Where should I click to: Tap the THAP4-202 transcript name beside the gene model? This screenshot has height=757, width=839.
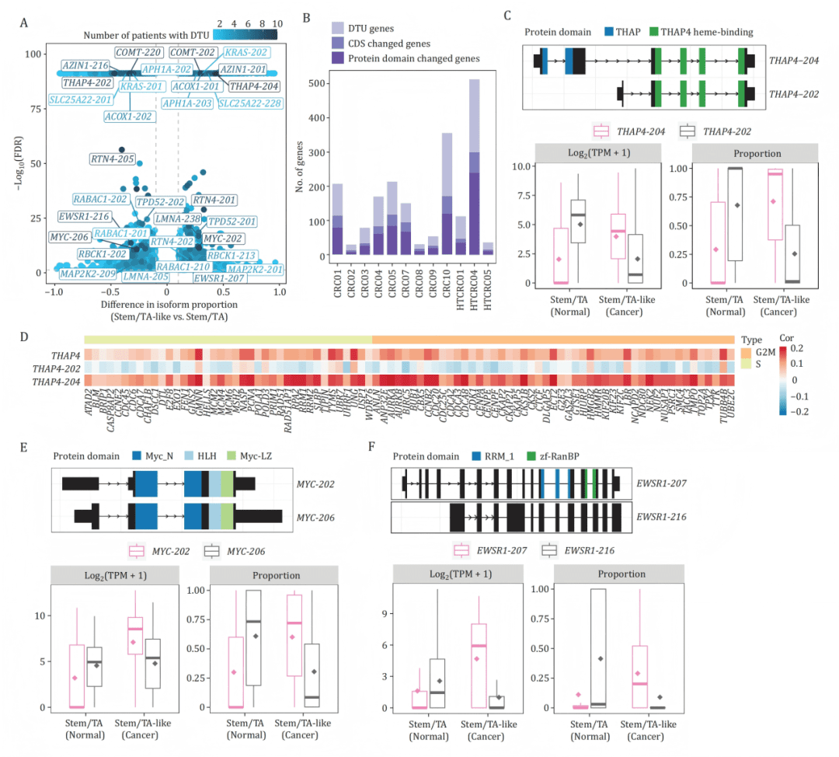[x=792, y=93]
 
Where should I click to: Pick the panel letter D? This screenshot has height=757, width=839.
[x=25, y=339]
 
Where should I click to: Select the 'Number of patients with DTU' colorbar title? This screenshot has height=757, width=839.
[x=148, y=36]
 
